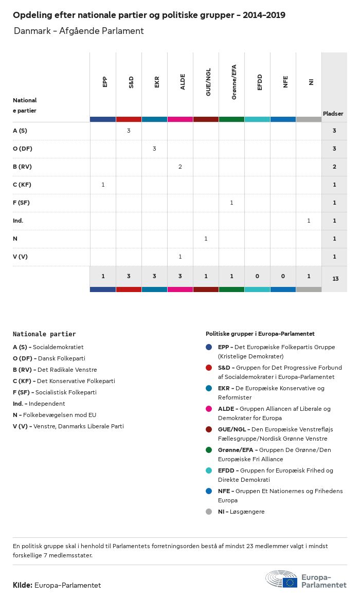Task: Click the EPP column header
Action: point(105,82)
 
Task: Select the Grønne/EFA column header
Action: point(234,83)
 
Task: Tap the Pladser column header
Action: point(333,114)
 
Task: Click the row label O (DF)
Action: point(23,149)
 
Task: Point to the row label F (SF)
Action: point(21,203)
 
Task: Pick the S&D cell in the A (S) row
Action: point(129,131)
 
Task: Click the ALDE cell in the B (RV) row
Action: point(180,167)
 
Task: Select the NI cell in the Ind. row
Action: point(309,221)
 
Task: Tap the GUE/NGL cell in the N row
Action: point(206,239)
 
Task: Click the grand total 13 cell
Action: point(335,279)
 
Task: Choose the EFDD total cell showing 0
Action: point(257,277)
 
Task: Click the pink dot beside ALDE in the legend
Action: point(209,409)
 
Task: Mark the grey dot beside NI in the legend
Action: point(209,512)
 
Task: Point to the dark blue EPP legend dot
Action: point(209,347)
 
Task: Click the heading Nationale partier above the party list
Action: point(44,334)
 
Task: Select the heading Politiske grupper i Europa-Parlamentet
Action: point(260,334)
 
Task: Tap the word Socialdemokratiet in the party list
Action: point(58,347)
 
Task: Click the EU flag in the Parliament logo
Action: point(290,582)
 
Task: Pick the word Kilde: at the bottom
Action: point(23,585)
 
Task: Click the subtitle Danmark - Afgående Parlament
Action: point(79,31)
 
